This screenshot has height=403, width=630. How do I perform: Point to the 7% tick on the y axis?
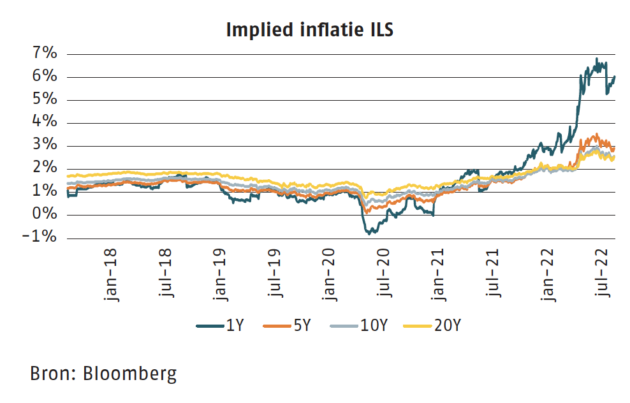(45, 54)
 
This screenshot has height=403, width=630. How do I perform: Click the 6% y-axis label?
(45, 77)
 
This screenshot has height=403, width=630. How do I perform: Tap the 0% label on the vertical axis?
(45, 215)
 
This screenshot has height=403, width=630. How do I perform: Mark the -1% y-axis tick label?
(41, 238)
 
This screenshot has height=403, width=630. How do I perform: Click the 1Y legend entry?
(221, 326)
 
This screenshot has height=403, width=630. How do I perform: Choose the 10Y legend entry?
(359, 326)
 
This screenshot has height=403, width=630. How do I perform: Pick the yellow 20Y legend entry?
(434, 326)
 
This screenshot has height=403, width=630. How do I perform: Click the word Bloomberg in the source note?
(130, 373)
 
